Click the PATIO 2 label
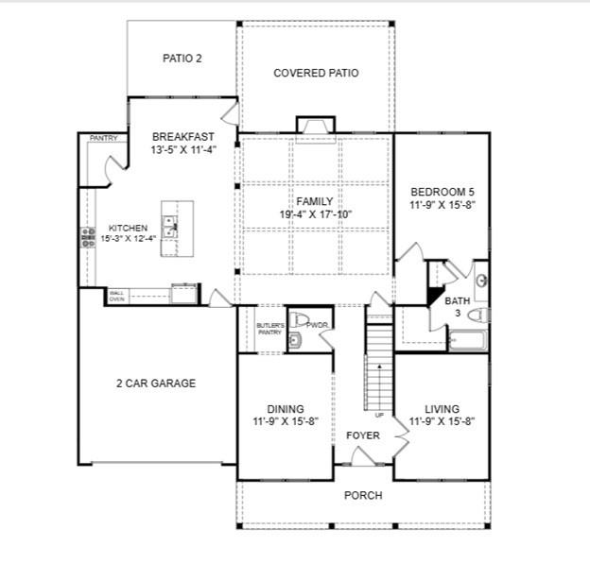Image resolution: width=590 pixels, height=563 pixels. pos(182,58)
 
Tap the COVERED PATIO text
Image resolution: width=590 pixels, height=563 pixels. pos(316,73)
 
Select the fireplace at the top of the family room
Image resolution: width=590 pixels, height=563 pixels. pos(315,126)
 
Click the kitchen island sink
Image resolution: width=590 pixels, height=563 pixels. pos(169,228)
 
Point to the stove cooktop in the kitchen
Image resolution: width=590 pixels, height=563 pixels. pos(88,237)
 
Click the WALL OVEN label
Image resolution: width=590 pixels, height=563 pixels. pos(116,296)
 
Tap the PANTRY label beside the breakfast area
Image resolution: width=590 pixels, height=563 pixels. pos(103,139)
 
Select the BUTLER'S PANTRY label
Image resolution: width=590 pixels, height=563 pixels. pos(269,329)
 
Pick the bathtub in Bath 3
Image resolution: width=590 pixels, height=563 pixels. pos(466,340)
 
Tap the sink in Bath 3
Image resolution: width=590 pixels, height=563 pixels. pos(480,281)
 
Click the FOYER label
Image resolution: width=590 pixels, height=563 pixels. pos(362,435)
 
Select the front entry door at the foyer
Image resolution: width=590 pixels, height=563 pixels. pos(363,459)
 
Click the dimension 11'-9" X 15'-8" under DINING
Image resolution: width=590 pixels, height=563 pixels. pos(285,421)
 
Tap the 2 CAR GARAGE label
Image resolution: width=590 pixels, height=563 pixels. pos(157,384)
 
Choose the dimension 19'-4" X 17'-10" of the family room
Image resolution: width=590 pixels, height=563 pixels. pos(315,214)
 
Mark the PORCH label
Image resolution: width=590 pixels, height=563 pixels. pos(363,495)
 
